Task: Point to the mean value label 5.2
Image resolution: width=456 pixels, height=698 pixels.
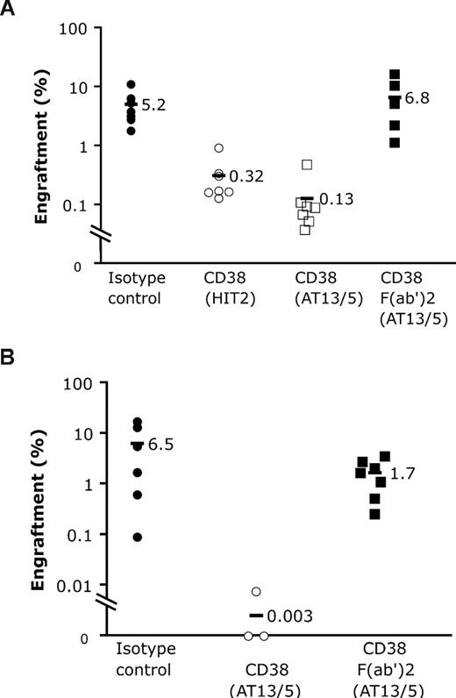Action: click(x=154, y=105)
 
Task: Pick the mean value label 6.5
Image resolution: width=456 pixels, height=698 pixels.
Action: click(x=161, y=445)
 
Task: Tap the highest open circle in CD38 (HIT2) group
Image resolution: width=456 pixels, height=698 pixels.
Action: click(x=219, y=148)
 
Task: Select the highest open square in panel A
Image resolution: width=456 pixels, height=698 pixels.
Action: click(x=307, y=165)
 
